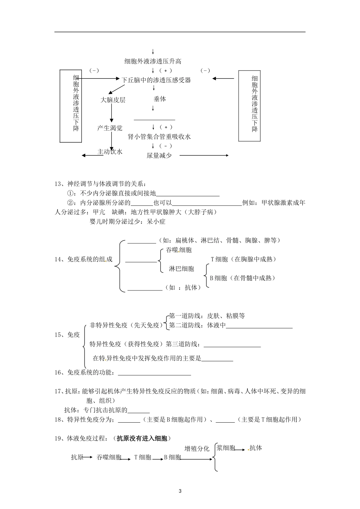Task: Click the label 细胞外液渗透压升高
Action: pyautogui.click(x=153, y=61)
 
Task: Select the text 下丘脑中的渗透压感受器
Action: pyautogui.click(x=156, y=80)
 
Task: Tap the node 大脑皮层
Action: pyautogui.click(x=113, y=100)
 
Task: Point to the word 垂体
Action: pyautogui.click(x=160, y=99)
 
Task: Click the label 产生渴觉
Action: pyautogui.click(x=110, y=128)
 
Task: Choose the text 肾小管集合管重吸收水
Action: pyautogui.click(x=159, y=137)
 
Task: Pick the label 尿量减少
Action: pyautogui.click(x=159, y=155)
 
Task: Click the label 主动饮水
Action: pyautogui.click(x=110, y=152)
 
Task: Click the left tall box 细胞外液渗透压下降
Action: pyautogui.click(x=71, y=106)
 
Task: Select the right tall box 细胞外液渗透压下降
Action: pyautogui.click(x=249, y=106)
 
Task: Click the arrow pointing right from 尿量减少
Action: pyautogui.click(x=204, y=155)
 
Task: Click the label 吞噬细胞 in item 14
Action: pyautogui.click(x=179, y=250)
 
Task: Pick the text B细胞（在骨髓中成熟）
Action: pyautogui.click(x=243, y=278)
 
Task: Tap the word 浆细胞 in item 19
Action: pyautogui.click(x=225, y=448)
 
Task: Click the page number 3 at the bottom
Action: pyautogui.click(x=180, y=491)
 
